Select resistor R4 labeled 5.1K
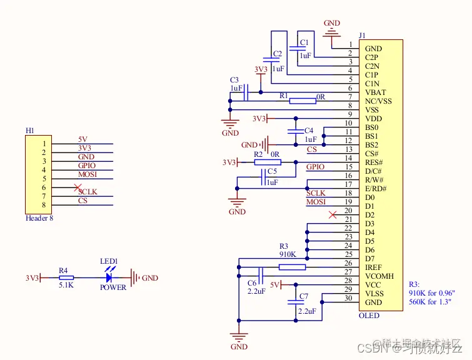66,277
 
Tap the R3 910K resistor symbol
292,267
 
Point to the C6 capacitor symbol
261,275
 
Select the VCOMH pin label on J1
379,276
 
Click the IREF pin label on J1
374,267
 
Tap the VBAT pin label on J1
375,92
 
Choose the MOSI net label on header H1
88,174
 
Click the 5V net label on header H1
83,139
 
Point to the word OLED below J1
369,316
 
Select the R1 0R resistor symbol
303,101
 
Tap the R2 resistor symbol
267,162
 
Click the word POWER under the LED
113,287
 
